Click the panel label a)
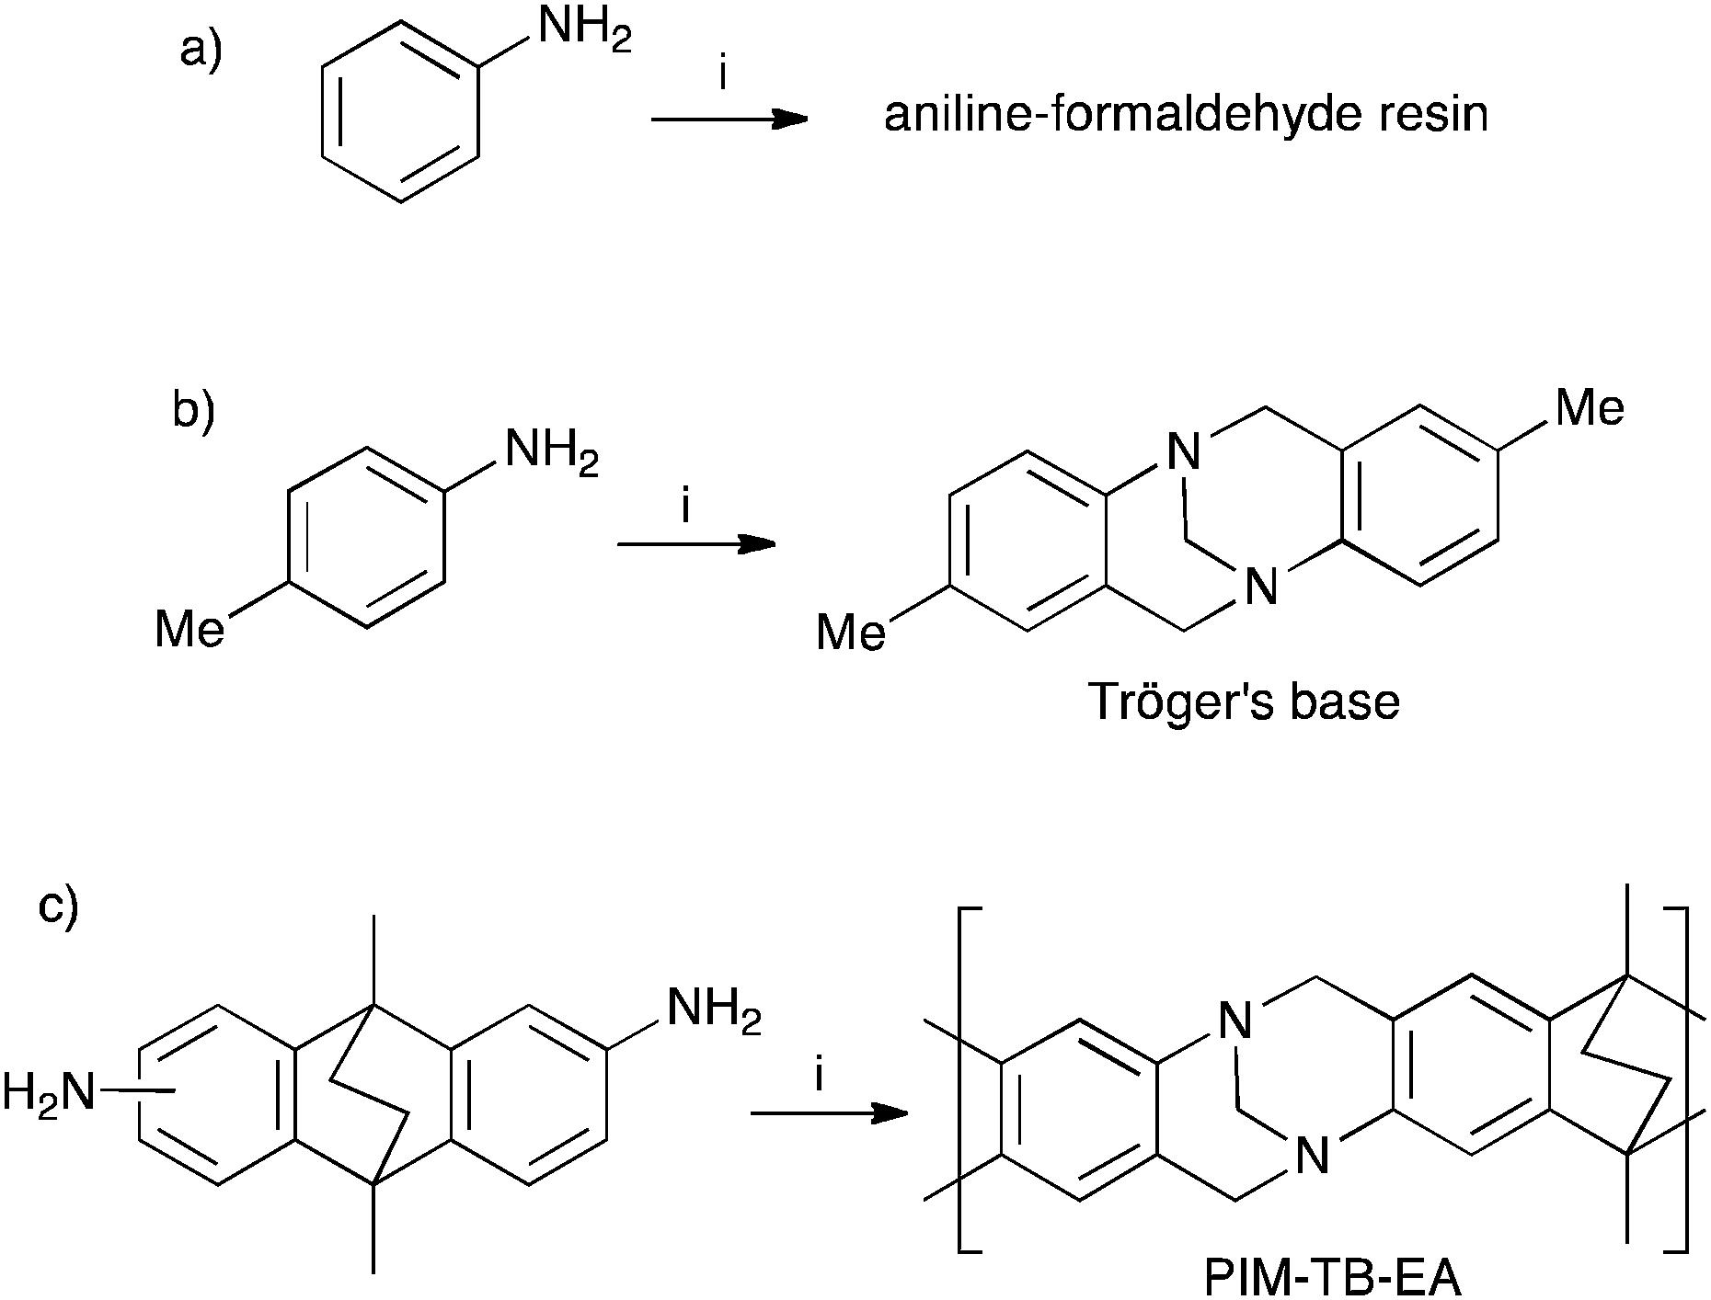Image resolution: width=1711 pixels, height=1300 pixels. coord(201,50)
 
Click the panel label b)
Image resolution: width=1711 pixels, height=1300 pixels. coord(193,410)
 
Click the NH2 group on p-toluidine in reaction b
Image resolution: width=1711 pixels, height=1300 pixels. coord(551,452)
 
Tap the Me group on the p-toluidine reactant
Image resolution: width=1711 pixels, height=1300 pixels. coord(189,631)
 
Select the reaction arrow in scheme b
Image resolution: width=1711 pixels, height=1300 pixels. coord(695,544)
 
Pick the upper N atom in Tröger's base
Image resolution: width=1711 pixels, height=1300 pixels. coord(1183,451)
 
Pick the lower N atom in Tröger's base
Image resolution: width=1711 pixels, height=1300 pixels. coord(1260,587)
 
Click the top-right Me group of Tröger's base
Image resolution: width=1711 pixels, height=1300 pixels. coord(1590,407)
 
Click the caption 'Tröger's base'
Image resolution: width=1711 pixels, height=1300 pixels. coord(1244,702)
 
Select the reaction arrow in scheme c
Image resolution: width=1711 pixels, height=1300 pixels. coord(829,1114)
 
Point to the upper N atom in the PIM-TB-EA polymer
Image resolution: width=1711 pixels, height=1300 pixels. coord(1234,1021)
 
